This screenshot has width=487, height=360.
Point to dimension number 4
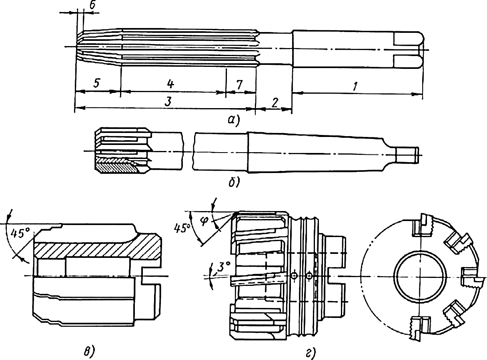170,84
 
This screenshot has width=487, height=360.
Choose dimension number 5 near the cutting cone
96,84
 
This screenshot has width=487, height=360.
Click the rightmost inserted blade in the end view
471,277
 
